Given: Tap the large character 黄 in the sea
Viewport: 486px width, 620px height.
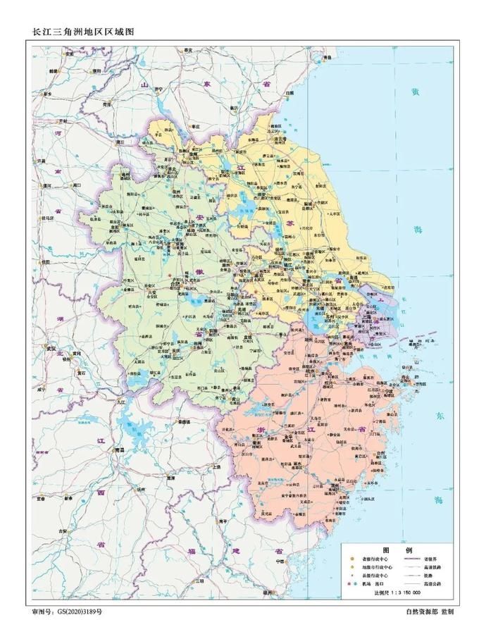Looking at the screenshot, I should point(416,92).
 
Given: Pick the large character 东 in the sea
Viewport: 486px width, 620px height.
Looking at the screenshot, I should point(440,414).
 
